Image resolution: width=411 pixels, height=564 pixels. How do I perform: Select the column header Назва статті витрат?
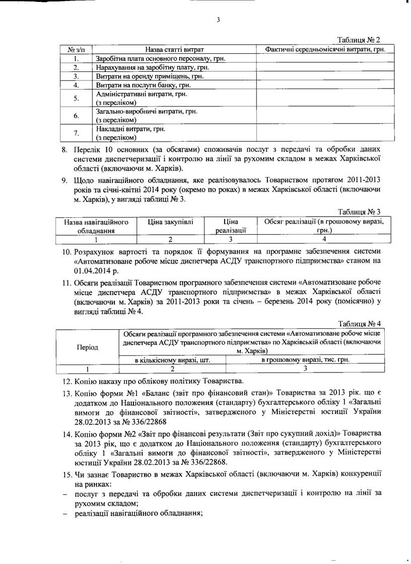click(x=174, y=49)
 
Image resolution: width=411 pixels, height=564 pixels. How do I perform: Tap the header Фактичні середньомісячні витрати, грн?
click(x=325, y=49)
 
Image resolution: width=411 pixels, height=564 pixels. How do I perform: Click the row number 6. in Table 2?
click(x=76, y=116)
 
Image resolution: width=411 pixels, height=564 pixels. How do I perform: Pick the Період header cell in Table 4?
click(x=87, y=347)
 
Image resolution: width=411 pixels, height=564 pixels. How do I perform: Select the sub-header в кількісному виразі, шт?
click(x=172, y=360)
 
